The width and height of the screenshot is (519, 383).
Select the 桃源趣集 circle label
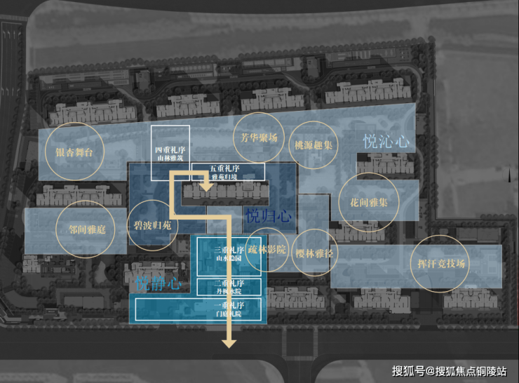point(314,146)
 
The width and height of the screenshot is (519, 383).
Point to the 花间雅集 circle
point(368,200)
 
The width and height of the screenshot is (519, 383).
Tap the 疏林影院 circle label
point(267,250)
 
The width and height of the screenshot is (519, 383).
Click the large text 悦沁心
point(386,141)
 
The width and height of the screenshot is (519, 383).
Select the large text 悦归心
point(268,215)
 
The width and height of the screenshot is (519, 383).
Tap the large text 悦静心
point(158,284)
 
